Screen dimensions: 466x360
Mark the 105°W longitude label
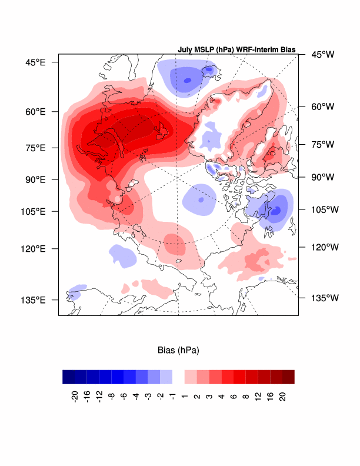click(325, 209)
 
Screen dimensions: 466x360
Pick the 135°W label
click(325, 298)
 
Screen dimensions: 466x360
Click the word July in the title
click(186, 50)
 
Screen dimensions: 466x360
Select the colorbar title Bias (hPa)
click(178, 350)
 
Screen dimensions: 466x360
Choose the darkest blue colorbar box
click(68, 377)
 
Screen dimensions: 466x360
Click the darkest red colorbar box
click(288, 377)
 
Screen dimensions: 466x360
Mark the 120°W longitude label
click(325, 247)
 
